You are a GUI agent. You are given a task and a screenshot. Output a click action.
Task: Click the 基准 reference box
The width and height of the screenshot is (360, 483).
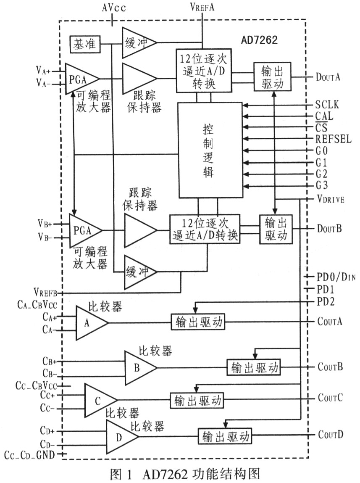tap(85, 45)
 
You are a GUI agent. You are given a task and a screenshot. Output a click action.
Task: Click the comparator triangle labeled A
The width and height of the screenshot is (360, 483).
tap(92, 323)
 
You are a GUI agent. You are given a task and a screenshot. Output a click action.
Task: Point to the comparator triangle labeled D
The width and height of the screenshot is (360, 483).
tap(122, 437)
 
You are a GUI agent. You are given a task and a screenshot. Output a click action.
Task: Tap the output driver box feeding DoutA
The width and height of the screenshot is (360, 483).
tap(272, 77)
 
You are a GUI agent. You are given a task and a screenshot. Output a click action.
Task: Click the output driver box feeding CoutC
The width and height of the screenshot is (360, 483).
tap(197, 401)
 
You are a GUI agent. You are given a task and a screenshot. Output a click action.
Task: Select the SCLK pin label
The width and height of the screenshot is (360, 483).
tap(327, 105)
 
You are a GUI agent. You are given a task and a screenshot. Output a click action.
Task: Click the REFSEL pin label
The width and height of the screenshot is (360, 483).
tap(333, 139)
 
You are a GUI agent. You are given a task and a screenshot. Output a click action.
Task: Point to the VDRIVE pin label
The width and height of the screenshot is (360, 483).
tap(331, 199)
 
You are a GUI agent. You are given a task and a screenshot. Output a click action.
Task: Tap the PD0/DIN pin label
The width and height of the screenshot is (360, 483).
tap(336, 277)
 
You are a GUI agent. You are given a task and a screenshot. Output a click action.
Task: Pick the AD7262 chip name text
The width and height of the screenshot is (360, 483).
tap(259, 40)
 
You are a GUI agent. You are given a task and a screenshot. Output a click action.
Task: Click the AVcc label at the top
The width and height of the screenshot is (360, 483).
tap(114, 8)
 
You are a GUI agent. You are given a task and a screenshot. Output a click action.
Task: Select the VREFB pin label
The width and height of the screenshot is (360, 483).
tap(45, 292)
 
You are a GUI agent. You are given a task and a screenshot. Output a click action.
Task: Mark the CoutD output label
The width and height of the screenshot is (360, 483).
tap(331, 435)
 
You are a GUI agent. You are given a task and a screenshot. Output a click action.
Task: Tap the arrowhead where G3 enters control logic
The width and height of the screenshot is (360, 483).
tap(245, 186)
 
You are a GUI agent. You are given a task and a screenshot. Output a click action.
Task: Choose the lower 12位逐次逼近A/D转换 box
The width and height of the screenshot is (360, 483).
tap(205, 229)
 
